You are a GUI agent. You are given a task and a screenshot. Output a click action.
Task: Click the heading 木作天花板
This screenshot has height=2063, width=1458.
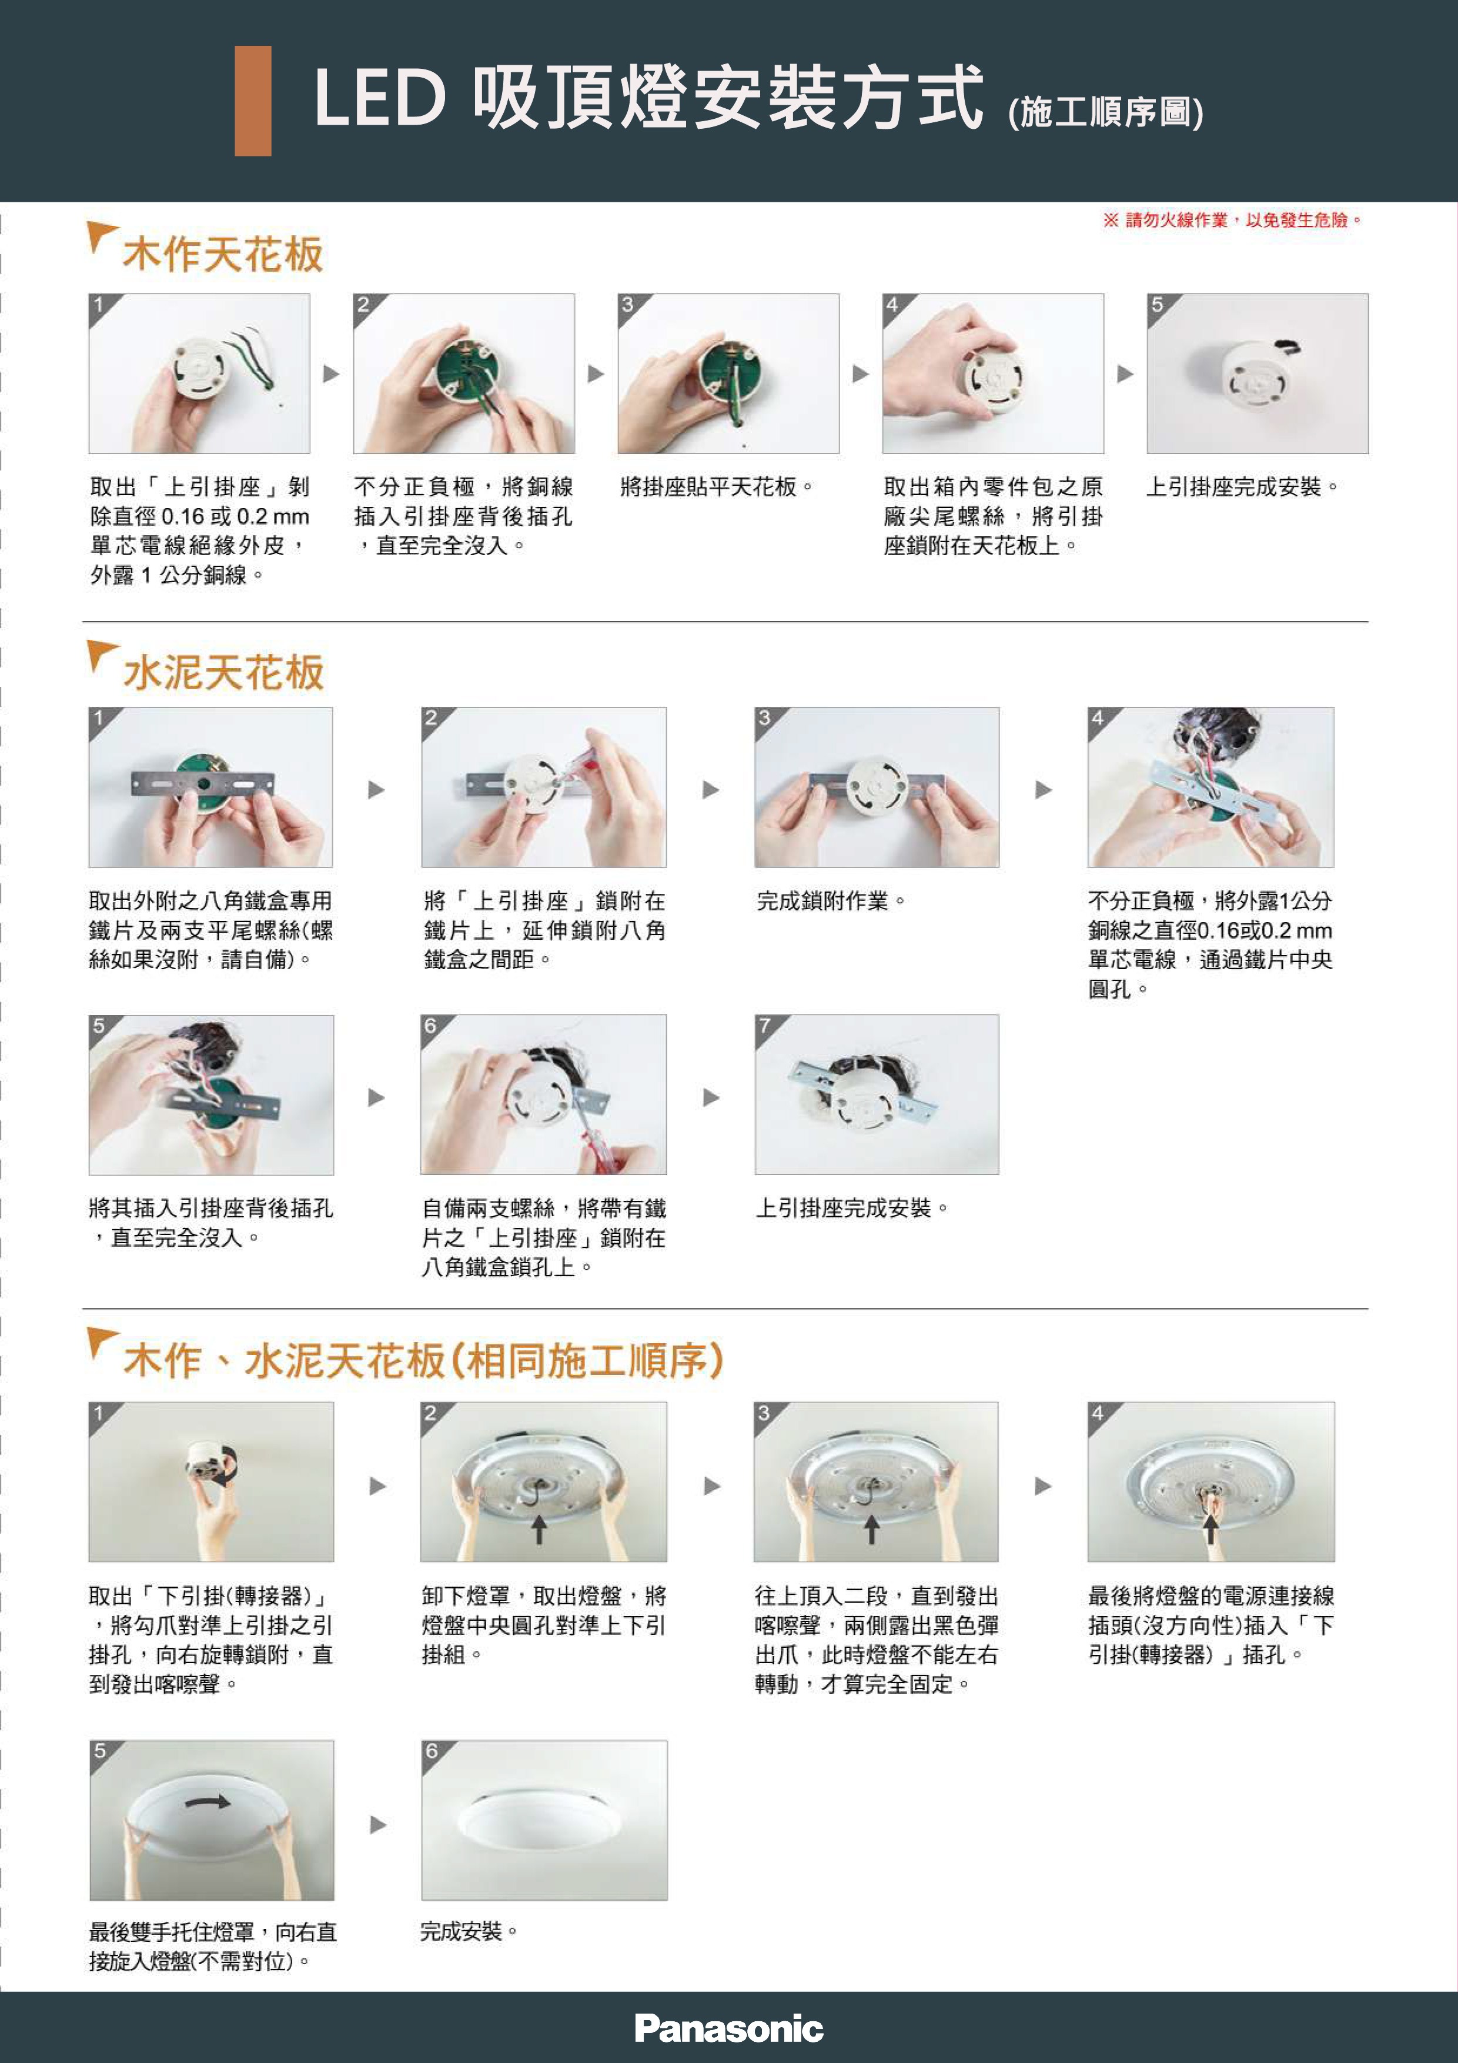[223, 254]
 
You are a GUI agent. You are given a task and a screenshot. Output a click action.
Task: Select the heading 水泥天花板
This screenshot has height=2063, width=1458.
[223, 672]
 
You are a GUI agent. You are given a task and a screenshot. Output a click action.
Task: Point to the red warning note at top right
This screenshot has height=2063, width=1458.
[1232, 220]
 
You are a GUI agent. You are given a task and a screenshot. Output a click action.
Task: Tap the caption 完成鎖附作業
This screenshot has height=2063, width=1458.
[831, 900]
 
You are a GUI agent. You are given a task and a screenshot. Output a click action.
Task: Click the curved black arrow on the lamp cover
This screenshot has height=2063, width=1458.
[209, 1801]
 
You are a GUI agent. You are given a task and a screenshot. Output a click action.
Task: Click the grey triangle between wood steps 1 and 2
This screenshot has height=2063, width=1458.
[332, 374]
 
